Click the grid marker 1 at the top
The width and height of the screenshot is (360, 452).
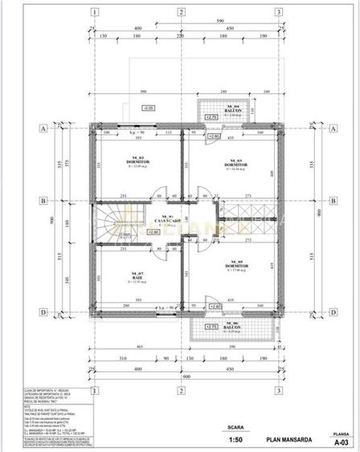point(96,12)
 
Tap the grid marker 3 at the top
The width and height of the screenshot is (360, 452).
point(277,12)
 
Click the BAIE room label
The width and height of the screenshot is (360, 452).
point(137,279)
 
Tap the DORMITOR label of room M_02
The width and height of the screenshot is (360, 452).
point(138,161)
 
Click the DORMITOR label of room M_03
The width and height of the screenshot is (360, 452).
point(236,165)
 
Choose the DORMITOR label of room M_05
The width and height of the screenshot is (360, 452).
point(236,266)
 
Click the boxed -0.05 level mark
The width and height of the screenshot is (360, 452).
point(147,107)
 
